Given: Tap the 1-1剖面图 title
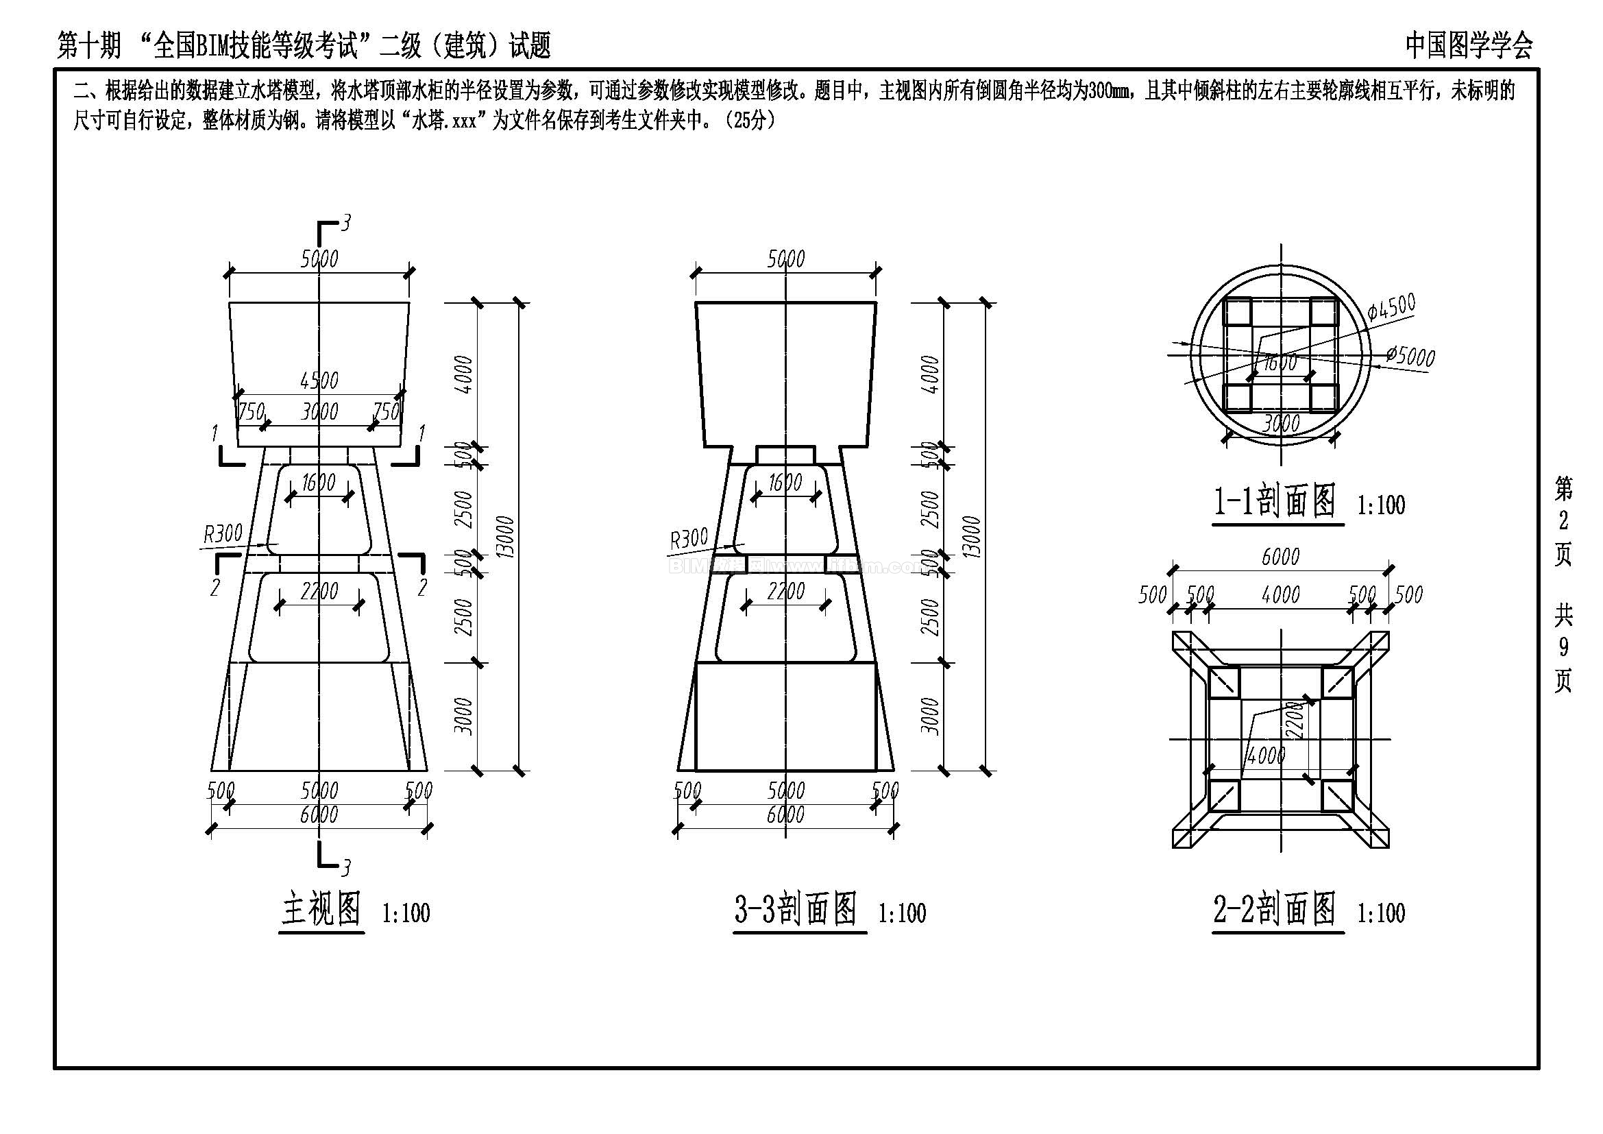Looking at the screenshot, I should (x=1275, y=501).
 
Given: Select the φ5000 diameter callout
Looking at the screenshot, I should (x=1410, y=356).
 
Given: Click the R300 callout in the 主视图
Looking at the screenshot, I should (x=223, y=535).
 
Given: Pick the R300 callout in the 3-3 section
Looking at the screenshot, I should (x=689, y=538).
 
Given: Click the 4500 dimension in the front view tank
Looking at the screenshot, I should (x=319, y=381).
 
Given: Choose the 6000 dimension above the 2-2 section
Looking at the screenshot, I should (x=1280, y=557).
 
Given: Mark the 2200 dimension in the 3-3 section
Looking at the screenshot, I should (x=786, y=592).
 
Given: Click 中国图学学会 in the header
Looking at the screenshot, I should (x=1469, y=46).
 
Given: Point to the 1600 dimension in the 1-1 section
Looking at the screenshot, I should (x=1280, y=363).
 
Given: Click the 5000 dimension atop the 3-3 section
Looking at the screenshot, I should (x=786, y=259).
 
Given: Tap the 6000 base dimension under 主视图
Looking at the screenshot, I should (x=319, y=815).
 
